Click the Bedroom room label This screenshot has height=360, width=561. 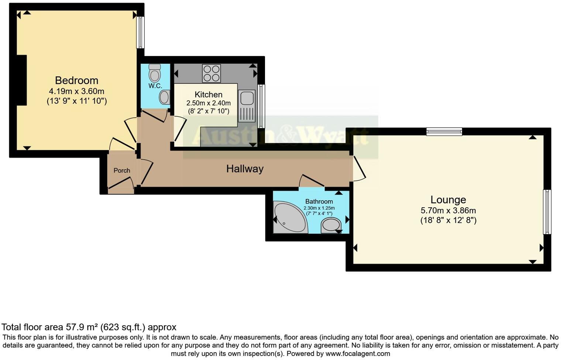tap(76, 80)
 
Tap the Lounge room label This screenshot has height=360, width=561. tap(448, 200)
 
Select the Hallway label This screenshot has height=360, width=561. tap(245, 169)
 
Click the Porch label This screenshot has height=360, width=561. tap(122, 170)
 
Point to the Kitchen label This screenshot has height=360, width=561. tap(209, 94)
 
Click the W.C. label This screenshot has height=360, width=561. tap(155, 86)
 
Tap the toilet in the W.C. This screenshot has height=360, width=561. tap(155, 73)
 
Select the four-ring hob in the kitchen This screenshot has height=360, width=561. tap(211, 73)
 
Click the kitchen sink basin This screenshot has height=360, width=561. tap(247, 98)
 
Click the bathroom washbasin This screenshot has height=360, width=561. tap(331, 225)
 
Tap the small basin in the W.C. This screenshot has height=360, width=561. tap(164, 98)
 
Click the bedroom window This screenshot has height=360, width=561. tap(140, 32)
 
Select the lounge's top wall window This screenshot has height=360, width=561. tap(444, 132)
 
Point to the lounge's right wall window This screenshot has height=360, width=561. tap(547, 212)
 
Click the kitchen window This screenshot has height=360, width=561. tap(261, 106)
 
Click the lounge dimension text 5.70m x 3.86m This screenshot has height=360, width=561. tap(448, 211)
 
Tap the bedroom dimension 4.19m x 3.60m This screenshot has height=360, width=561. tap(76, 91)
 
